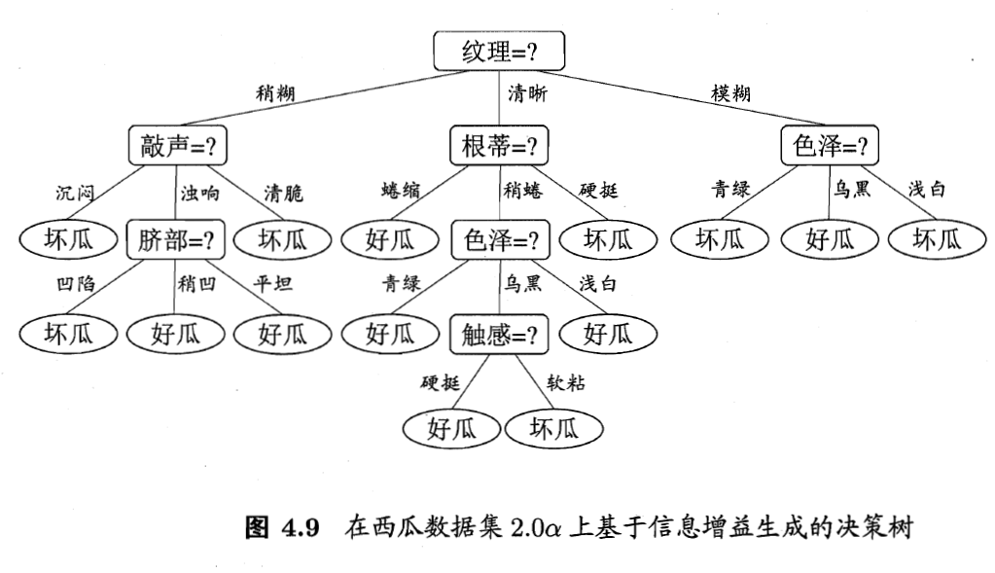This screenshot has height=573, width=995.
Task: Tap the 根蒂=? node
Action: click(499, 147)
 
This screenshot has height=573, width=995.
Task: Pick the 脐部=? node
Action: click(176, 239)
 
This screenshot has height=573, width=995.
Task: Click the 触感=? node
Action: click(499, 336)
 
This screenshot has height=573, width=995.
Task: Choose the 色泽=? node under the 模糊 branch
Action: click(830, 147)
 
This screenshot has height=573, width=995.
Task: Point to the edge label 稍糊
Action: click(275, 94)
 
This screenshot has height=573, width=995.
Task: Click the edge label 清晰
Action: click(527, 94)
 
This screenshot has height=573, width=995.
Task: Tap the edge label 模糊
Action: click(730, 94)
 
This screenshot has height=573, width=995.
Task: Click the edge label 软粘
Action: click(565, 382)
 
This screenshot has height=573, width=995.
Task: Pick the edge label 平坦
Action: click(272, 285)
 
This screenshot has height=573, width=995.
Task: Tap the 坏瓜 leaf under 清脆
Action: click(282, 239)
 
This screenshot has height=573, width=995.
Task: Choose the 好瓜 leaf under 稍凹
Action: click(176, 335)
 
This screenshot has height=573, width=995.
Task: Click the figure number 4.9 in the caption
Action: click(301, 528)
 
